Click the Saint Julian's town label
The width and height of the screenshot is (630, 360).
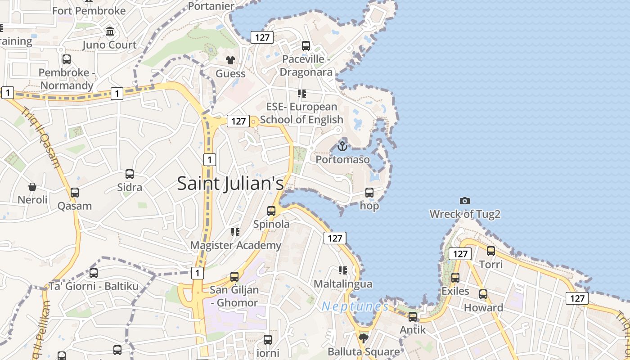click(230, 184)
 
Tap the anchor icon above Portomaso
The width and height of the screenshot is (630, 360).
click(342, 146)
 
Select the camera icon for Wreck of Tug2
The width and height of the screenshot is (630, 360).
click(465, 201)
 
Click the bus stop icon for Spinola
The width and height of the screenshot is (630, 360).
click(271, 211)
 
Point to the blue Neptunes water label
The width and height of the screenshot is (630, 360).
click(355, 306)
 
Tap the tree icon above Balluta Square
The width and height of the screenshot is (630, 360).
click(364, 337)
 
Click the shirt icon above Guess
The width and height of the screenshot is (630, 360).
click(230, 60)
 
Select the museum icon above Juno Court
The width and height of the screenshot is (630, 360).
click(110, 31)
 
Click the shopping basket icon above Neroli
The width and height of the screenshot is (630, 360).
click(32, 186)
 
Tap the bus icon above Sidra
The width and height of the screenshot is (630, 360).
click(130, 174)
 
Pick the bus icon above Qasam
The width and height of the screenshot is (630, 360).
click(75, 193)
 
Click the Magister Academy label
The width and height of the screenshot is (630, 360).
click(235, 245)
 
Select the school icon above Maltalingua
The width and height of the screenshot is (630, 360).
click(343, 270)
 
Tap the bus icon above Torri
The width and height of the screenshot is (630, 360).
click(491, 251)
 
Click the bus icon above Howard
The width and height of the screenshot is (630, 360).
click(483, 294)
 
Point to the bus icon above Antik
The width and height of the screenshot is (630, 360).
click(413, 316)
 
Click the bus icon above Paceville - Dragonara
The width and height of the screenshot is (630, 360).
click(306, 45)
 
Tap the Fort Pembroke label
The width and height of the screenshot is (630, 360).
click(89, 10)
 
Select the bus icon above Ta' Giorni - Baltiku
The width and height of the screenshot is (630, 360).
click(94, 273)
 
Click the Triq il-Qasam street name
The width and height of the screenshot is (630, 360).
click(40, 137)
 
